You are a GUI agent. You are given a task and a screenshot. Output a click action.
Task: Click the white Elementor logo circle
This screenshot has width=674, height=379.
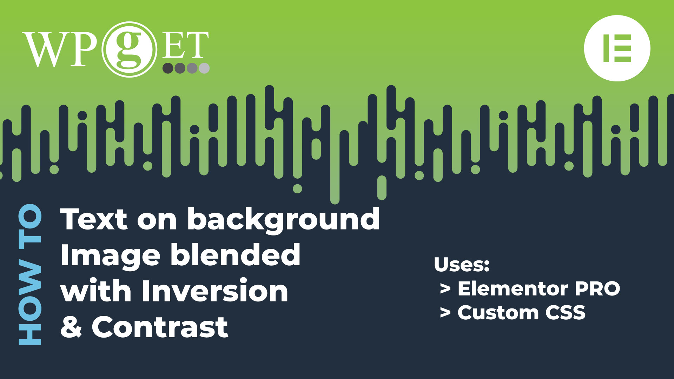tap(617, 48)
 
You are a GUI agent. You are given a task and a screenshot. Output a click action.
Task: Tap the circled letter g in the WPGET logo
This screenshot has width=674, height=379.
tap(129, 49)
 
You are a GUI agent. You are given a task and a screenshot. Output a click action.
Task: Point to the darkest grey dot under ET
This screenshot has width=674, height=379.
tap(168, 68)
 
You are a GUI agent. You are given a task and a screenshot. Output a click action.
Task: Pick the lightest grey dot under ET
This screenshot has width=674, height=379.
tap(204, 68)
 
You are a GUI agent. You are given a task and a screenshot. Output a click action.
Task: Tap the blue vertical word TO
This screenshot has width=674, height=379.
tap(30, 226)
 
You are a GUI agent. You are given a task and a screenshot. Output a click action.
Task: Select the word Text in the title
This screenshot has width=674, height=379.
tap(94, 219)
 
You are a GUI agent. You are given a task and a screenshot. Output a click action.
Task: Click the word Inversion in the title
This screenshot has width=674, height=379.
tap(215, 291)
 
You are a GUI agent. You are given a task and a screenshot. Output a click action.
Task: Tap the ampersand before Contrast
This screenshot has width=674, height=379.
tap(71, 327)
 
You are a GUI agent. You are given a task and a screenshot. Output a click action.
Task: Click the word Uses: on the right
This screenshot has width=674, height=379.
tap(462, 265)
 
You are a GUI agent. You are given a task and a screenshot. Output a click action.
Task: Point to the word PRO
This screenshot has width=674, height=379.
tap(597, 289)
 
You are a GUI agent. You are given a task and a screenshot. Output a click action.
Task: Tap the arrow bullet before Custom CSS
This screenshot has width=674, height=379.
tap(445, 312)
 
